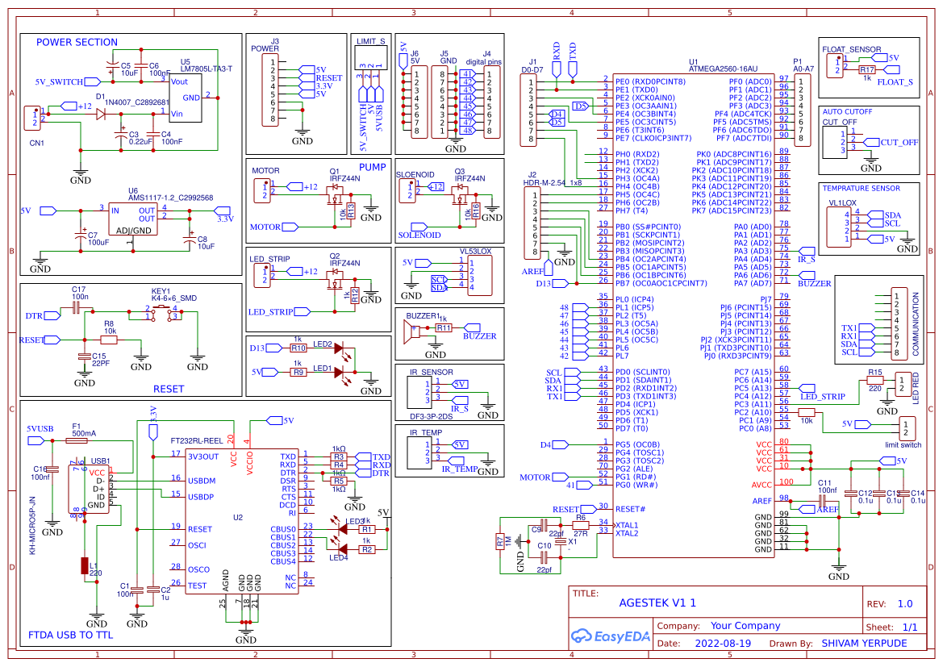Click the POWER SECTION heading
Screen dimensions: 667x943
77,42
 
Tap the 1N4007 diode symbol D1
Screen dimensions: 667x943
102,114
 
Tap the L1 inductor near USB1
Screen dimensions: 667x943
85,565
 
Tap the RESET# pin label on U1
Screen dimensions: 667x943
630,509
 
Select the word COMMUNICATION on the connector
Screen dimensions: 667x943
916,325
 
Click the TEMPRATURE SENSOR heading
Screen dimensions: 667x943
861,188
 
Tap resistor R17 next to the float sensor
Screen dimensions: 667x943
866,70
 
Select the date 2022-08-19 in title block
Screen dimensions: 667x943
722,644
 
